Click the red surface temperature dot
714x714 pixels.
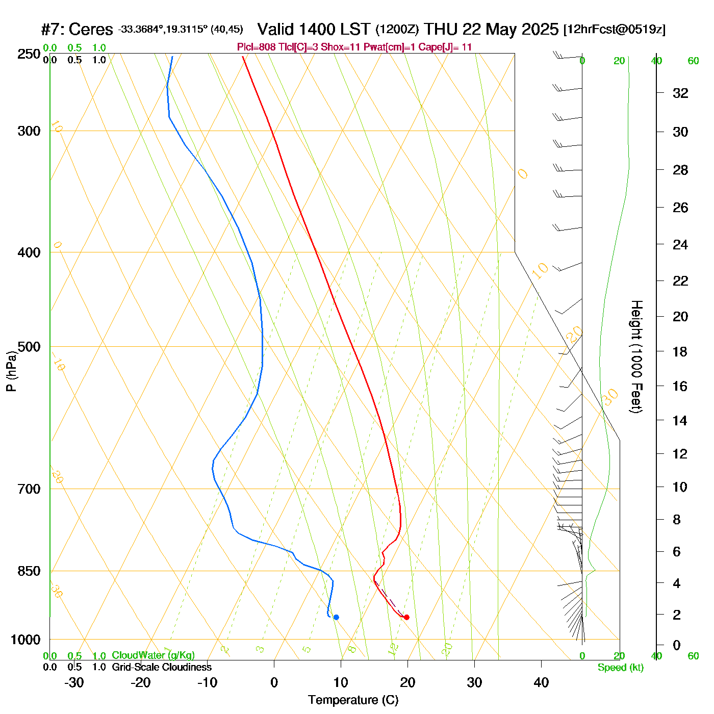coord(406,617)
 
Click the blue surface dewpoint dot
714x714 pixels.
coord(336,617)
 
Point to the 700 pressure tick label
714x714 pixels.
coord(29,489)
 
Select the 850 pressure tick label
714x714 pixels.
coord(29,571)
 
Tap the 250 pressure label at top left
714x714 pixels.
coord(29,54)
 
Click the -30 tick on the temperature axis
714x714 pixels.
coord(74,682)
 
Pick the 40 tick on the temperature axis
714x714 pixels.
coord(541,682)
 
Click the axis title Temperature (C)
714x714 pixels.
coord(353,700)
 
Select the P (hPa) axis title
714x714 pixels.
coord(11,371)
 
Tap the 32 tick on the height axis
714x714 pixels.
coord(680,93)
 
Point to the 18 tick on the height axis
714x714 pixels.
coord(680,351)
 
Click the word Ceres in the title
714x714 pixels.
coord(90,29)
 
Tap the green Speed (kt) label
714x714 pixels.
coord(620,668)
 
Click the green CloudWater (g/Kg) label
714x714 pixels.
coord(153,655)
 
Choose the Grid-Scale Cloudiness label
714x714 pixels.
coord(162,667)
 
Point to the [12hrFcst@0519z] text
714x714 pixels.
coord(614,29)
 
